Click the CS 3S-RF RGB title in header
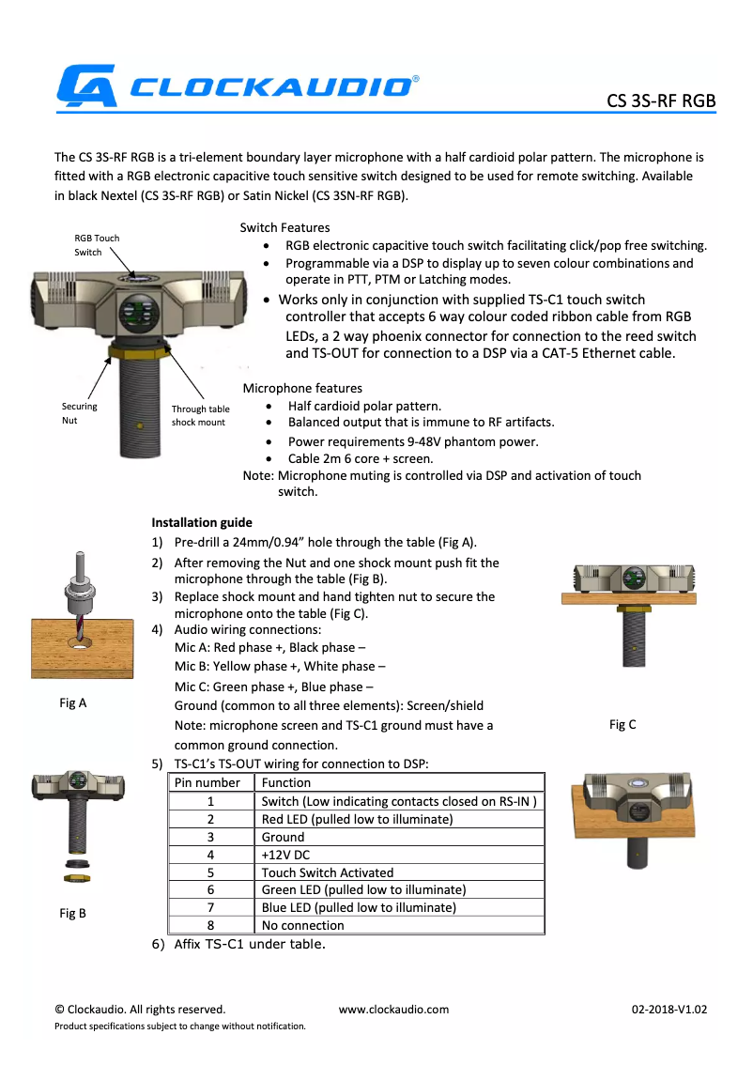(x=661, y=100)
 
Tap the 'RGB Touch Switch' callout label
(x=97, y=245)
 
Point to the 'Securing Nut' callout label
(x=79, y=413)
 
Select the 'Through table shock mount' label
(x=199, y=416)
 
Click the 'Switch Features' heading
(x=284, y=227)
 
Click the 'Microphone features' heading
(x=302, y=388)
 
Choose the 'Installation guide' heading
(x=202, y=522)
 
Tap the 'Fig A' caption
(x=72, y=702)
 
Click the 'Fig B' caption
(x=72, y=913)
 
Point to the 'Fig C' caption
(x=622, y=724)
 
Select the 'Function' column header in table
(x=286, y=782)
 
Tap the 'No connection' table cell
(x=302, y=925)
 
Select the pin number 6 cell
(x=211, y=889)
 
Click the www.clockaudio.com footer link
(x=393, y=1010)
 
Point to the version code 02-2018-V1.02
(x=668, y=1010)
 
